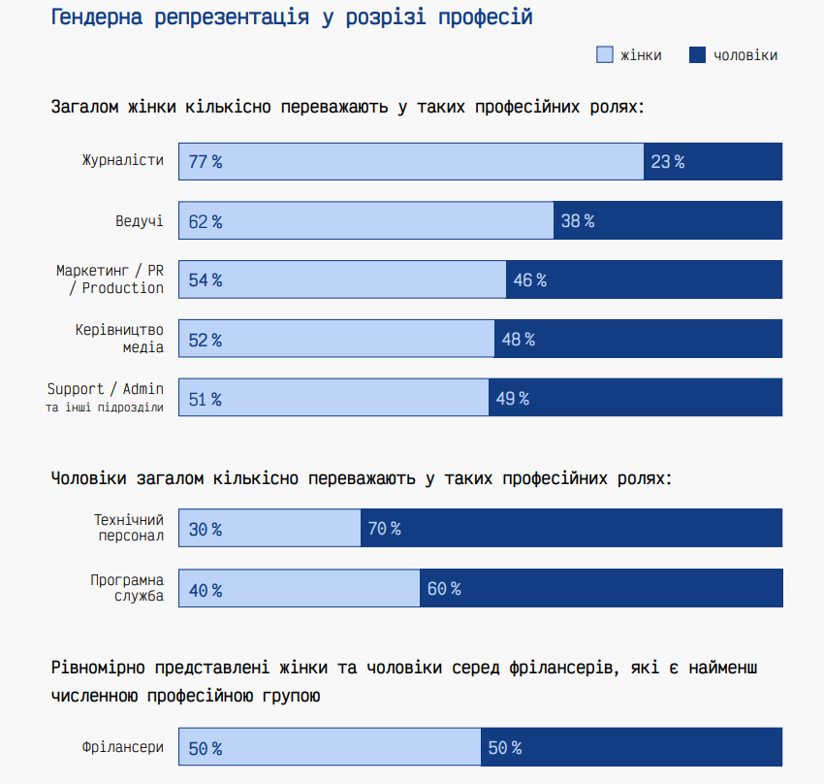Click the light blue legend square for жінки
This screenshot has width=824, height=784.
(604, 55)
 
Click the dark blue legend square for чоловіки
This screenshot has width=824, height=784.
(696, 55)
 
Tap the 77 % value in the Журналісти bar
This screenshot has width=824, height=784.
(206, 162)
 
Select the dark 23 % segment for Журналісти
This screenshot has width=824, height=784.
(713, 162)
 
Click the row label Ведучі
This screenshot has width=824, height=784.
(139, 221)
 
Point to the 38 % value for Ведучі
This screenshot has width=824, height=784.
(577, 221)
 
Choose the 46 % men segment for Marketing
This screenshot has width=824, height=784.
(644, 280)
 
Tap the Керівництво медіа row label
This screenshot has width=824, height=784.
(120, 339)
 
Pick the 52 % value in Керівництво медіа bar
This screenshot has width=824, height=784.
(206, 340)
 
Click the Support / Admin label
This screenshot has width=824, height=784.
(106, 389)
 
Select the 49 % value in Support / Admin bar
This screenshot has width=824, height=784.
(512, 399)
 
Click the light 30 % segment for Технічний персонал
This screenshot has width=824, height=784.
(269, 529)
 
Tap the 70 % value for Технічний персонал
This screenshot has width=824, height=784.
(384, 529)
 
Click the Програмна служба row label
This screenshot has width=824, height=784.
(127, 588)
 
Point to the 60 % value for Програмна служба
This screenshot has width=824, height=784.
(443, 589)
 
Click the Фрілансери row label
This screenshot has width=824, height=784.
(123, 748)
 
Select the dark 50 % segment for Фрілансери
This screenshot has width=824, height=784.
(631, 748)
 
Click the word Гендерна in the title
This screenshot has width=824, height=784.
(95, 17)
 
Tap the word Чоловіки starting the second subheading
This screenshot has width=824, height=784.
(88, 478)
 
